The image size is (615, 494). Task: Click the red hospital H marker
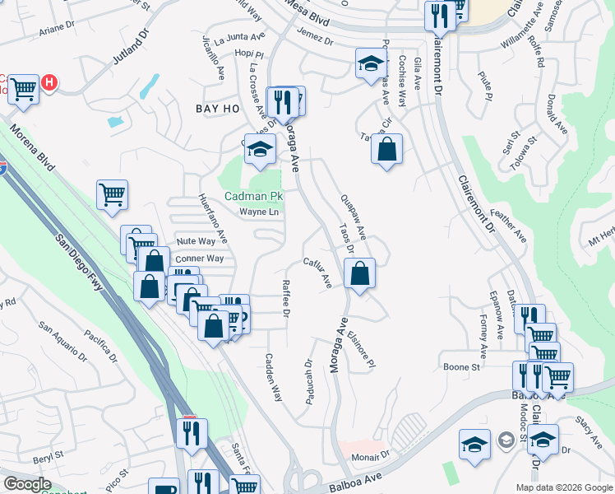click(x=49, y=82)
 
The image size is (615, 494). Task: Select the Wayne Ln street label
click(x=259, y=212)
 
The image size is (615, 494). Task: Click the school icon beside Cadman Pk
click(x=260, y=150)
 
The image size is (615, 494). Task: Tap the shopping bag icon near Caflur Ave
click(x=359, y=275)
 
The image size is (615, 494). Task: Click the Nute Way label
click(x=196, y=241)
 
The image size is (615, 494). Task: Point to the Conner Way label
click(x=199, y=258)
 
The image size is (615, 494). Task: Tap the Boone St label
click(x=461, y=367)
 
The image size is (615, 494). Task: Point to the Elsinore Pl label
click(x=361, y=350)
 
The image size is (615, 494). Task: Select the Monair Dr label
click(x=369, y=455)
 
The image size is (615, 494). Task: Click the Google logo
click(x=27, y=483)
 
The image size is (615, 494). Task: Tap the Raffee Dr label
click(x=286, y=297)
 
